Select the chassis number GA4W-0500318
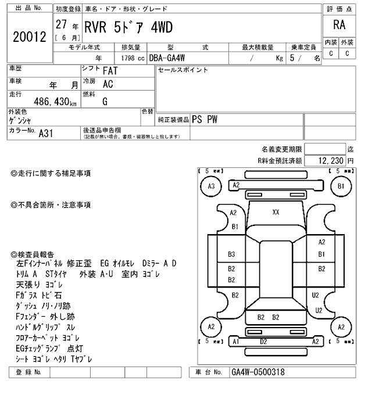tap(258, 372)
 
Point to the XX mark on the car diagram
tap(276, 212)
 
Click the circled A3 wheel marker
tap(211, 186)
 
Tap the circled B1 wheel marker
tap(341, 186)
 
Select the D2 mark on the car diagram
tap(263, 342)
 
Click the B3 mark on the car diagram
tap(231, 254)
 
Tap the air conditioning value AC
tap(108, 84)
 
